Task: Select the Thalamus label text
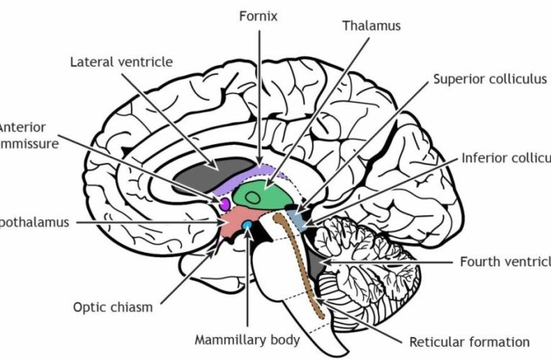click(x=372, y=26)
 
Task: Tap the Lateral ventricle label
click(x=121, y=62)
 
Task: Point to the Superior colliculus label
click(x=490, y=79)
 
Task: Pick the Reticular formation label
click(x=469, y=342)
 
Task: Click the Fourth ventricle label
click(x=505, y=261)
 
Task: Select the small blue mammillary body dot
click(x=247, y=226)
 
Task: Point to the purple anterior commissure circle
click(x=224, y=204)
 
